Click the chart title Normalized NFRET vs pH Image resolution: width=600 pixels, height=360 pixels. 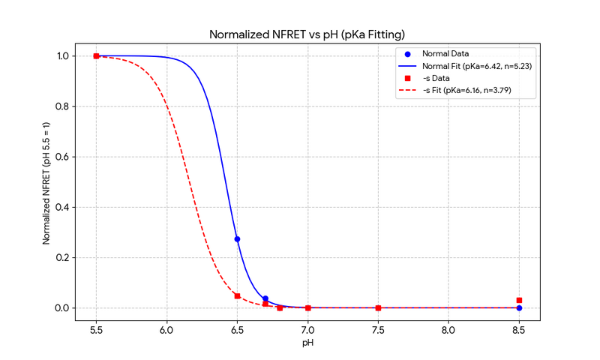point(307,34)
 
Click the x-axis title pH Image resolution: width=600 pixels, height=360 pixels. point(307,343)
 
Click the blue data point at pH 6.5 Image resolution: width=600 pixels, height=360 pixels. point(237,239)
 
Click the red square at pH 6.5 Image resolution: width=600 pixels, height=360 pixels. point(237,296)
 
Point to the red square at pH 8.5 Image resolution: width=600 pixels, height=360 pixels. point(519,300)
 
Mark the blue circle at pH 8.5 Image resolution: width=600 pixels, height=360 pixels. point(519,308)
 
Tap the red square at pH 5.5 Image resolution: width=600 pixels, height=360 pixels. point(96,56)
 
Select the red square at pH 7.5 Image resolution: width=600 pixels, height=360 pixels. point(378,308)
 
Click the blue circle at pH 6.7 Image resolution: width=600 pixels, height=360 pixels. point(265,298)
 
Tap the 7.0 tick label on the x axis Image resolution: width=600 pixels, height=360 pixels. point(307,328)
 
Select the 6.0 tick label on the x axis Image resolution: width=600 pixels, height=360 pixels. point(166,328)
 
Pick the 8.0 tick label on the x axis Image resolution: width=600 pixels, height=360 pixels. point(448,328)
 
